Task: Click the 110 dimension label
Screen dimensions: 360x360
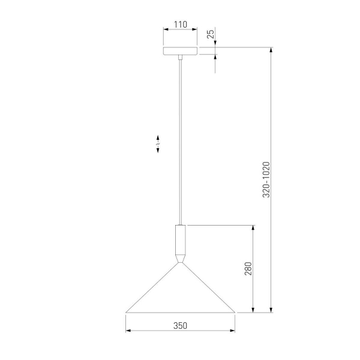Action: [x=181, y=25]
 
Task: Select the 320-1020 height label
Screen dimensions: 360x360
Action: [x=266, y=180]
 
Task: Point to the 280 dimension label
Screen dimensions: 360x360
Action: [x=248, y=268]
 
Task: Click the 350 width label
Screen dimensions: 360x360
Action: [x=180, y=326]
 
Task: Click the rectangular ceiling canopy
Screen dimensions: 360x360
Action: [x=180, y=51]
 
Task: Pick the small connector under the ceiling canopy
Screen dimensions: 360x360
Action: [x=181, y=57]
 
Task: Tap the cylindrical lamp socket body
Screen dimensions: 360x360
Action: [x=181, y=239]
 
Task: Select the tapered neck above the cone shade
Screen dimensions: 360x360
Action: [x=181, y=258]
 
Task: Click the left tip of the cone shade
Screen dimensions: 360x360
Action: [x=126, y=312]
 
